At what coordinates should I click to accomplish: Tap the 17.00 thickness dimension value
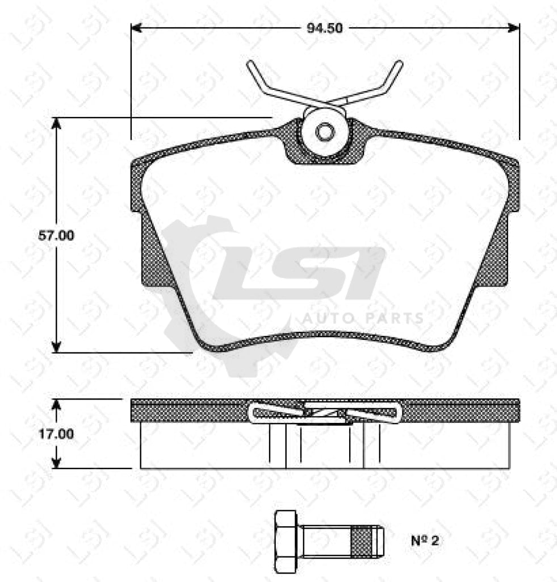(x=55, y=434)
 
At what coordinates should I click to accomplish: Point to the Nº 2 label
(x=425, y=540)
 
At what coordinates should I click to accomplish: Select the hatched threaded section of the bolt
(x=365, y=542)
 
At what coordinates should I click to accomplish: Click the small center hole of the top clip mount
(x=325, y=132)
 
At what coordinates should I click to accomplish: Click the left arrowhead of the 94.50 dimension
(x=137, y=27)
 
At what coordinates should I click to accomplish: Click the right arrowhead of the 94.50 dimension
(x=514, y=27)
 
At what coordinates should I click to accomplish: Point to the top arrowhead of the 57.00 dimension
(x=56, y=123)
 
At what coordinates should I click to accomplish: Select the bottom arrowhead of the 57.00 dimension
(x=56, y=346)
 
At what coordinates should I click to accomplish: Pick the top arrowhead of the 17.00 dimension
(x=56, y=404)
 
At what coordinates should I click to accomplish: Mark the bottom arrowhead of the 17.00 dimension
(x=56, y=463)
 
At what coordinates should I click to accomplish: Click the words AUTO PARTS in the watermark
(x=362, y=318)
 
